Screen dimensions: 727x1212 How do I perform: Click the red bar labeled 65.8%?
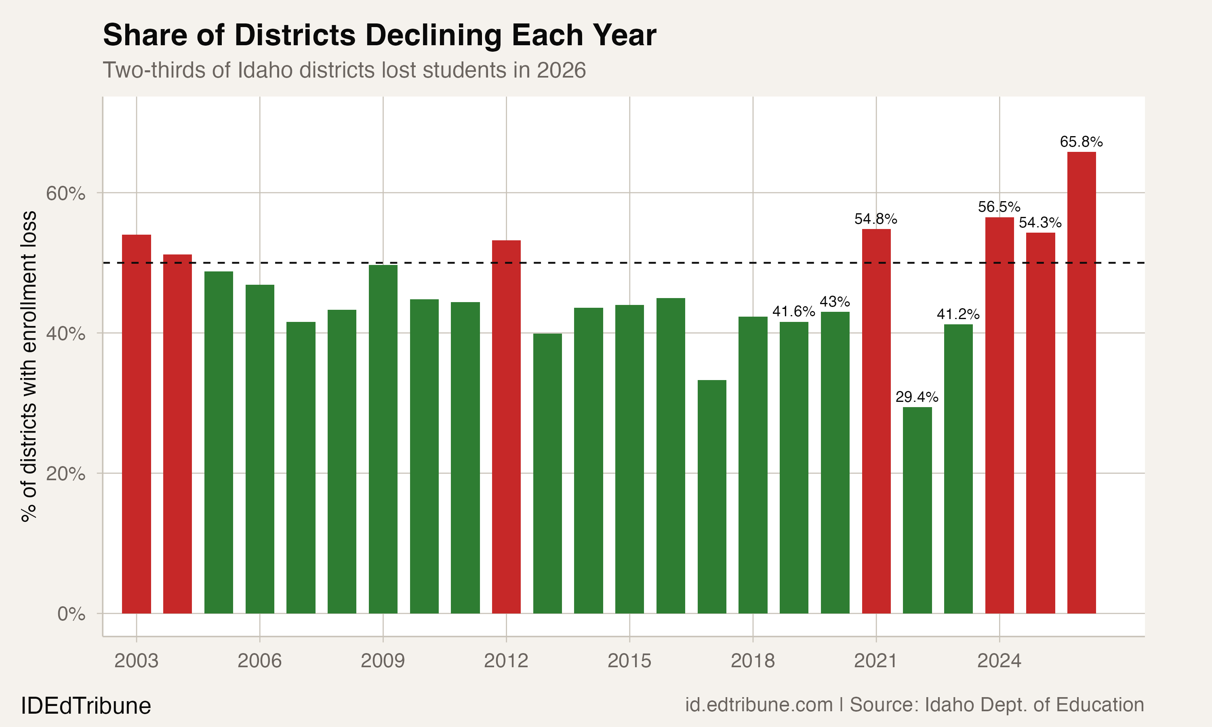1081,382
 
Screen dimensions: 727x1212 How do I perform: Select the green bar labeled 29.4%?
917,509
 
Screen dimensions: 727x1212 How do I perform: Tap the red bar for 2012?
506,426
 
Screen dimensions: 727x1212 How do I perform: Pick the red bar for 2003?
136,424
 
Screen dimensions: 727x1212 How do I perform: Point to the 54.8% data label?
875,219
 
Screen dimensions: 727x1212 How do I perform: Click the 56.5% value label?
999,207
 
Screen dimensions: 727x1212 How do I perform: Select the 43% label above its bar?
835,301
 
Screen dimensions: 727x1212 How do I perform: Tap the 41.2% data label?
958,314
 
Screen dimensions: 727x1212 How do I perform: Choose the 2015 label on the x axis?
629,661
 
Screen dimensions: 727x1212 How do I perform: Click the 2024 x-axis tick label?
999,661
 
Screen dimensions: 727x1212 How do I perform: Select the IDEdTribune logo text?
86,706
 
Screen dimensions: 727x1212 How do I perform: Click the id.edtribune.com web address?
758,705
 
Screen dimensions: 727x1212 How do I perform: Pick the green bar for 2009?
383,439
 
